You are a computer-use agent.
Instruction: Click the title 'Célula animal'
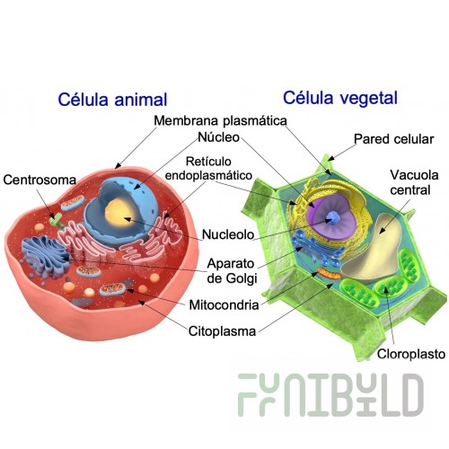[x=112, y=100]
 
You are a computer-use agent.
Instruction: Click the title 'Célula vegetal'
[x=340, y=98]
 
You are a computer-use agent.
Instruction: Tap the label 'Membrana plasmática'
[x=220, y=120]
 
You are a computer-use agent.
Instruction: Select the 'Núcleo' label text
[x=219, y=137]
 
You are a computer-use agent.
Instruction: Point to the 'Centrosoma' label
[x=40, y=180]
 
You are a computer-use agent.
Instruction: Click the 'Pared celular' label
[x=393, y=139]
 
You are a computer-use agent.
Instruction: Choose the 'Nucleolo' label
[x=228, y=234]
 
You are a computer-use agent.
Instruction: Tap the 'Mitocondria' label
[x=224, y=305]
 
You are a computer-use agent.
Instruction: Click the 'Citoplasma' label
[x=222, y=331]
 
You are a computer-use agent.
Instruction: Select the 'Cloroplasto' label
[x=411, y=354]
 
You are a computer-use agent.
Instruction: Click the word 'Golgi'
[x=241, y=278]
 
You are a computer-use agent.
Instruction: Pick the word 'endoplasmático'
[x=208, y=175]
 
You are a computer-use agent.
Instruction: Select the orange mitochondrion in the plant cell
[x=330, y=274]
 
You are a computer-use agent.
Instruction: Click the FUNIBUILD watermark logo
[x=330, y=395]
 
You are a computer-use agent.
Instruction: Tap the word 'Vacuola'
[x=414, y=175]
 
